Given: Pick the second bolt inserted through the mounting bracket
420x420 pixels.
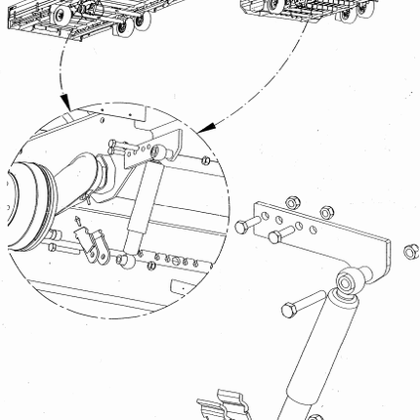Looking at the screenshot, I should (279, 234).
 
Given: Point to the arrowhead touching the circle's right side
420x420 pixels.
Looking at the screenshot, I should (203, 128).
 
